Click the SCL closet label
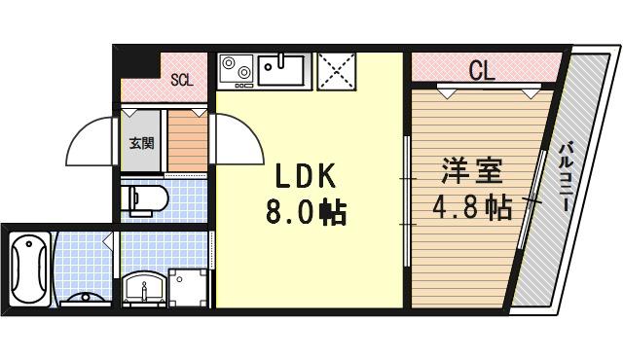pos(182,80)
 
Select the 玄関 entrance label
pos(142,142)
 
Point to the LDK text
pos(304,176)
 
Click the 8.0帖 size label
pos(306,213)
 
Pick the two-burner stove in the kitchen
pos(237,70)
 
